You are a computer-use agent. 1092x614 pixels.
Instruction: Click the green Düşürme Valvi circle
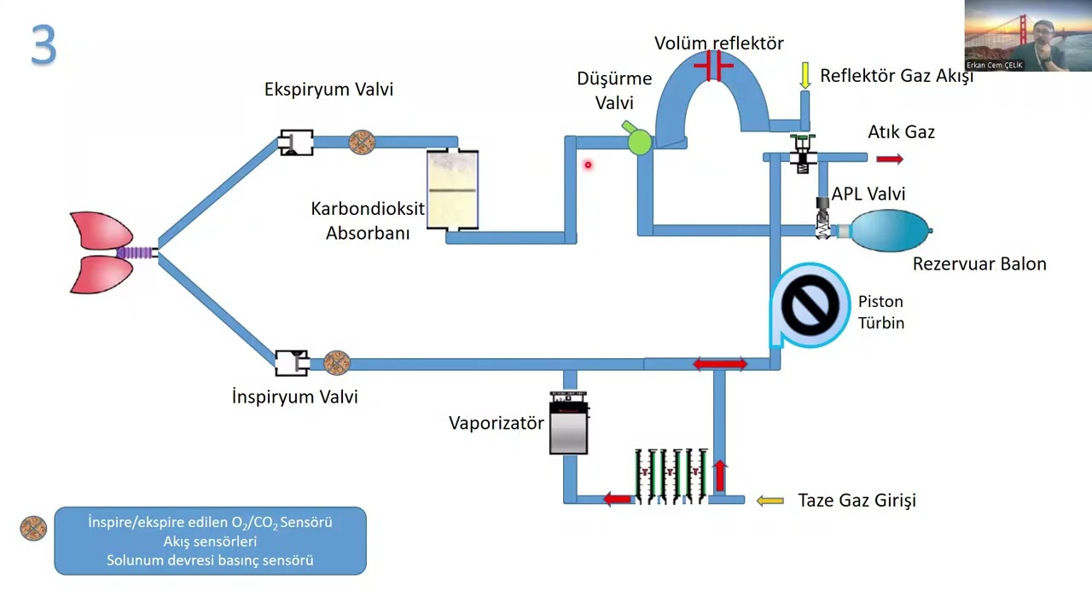click(639, 142)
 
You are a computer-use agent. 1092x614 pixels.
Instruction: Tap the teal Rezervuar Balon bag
click(888, 230)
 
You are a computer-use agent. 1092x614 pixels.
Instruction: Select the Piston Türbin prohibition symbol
click(810, 305)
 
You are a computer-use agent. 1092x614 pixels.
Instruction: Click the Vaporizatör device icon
click(568, 424)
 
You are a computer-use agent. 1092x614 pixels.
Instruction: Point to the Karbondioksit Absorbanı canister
click(452, 189)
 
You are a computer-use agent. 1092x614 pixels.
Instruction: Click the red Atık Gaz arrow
click(889, 159)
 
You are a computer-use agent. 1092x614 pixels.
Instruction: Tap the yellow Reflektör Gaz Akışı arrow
click(804, 75)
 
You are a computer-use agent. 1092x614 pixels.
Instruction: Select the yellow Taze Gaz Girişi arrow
click(770, 501)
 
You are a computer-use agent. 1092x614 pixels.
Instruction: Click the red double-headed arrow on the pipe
click(720, 364)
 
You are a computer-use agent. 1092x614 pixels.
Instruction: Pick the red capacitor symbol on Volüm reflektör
click(713, 66)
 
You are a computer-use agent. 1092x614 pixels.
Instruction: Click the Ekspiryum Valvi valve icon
click(296, 142)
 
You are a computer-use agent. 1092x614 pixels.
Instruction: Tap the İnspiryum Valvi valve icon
click(292, 362)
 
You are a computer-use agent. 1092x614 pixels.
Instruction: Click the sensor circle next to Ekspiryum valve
click(362, 142)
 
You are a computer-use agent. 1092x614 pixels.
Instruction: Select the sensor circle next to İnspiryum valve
click(337, 362)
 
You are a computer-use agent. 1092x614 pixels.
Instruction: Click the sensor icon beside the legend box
click(33, 529)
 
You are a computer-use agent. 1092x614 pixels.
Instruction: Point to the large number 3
click(44, 46)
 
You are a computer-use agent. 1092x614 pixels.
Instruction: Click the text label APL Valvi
click(868, 194)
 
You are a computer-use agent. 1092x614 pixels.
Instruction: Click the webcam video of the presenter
click(1027, 35)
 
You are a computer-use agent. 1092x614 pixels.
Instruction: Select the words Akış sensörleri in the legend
click(210, 542)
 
